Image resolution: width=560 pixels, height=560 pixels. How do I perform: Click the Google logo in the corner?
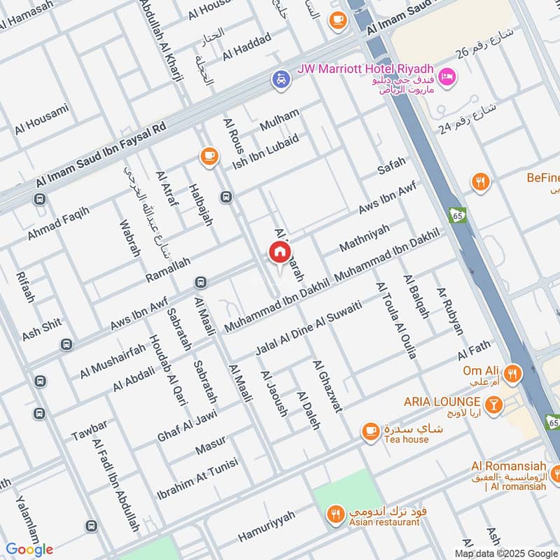pos(30,549)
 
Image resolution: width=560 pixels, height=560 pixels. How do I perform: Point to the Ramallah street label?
pos(167,269)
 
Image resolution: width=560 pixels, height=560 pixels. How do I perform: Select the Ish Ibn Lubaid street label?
pos(266,151)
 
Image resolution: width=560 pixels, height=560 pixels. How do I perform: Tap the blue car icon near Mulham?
pos(281,80)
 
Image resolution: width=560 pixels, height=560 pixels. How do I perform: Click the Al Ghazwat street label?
pos(327,386)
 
